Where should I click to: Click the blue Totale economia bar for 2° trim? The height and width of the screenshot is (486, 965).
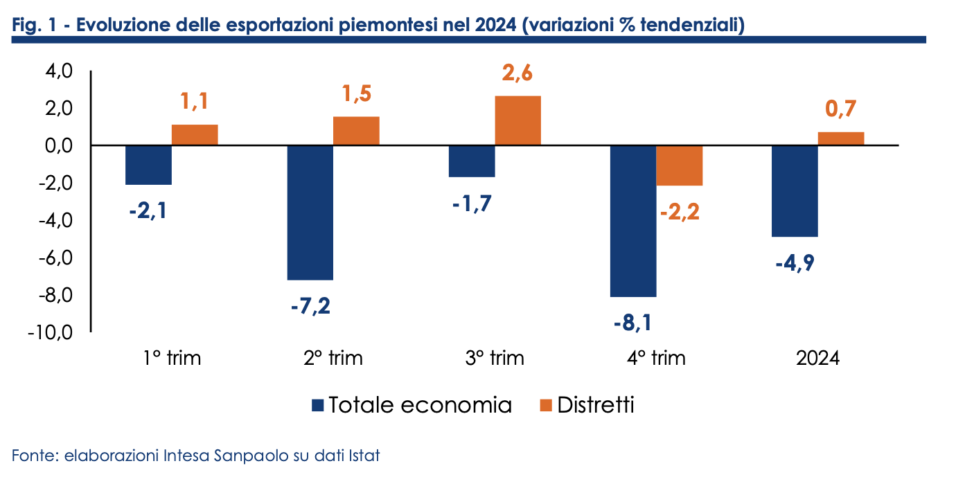pyautogui.click(x=310, y=213)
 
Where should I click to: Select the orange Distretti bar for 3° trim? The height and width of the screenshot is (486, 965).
pyautogui.click(x=517, y=120)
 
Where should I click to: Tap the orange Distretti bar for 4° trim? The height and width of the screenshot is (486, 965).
pyautogui.click(x=680, y=165)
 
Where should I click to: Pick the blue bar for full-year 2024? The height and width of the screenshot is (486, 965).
pyautogui.click(x=795, y=191)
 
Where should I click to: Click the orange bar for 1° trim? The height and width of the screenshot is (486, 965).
pyautogui.click(x=195, y=135)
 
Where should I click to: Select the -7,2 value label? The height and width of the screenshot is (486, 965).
pyautogui.click(x=310, y=305)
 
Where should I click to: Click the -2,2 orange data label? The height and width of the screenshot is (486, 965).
pyautogui.click(x=680, y=211)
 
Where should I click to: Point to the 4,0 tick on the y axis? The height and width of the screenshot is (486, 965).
pyautogui.click(x=57, y=71)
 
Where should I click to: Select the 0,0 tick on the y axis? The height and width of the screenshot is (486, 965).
pyautogui.click(x=57, y=146)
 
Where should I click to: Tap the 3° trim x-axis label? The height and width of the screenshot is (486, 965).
pyautogui.click(x=495, y=359)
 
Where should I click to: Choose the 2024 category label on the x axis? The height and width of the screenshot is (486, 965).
pyautogui.click(x=817, y=359)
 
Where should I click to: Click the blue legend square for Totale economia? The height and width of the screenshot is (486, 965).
pyautogui.click(x=318, y=405)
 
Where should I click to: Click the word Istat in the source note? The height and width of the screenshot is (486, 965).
pyautogui.click(x=366, y=457)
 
